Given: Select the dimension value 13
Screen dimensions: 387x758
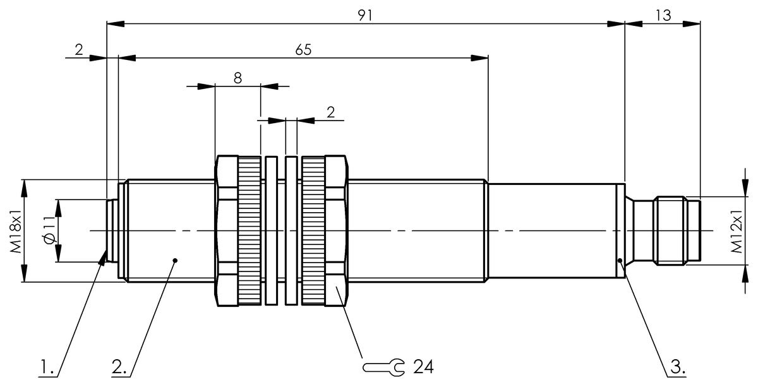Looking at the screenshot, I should coord(663,15).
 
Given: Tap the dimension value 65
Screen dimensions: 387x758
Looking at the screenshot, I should coord(303,49).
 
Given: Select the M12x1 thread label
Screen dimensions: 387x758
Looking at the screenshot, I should coord(737,231).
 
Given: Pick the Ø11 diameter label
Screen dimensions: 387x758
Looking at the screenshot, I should coord(51,231).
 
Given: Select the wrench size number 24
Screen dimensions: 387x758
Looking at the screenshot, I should coord(423,366).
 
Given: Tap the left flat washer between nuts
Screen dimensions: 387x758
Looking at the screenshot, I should coord(271,231).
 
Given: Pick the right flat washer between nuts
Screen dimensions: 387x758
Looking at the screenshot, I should coord(291,231).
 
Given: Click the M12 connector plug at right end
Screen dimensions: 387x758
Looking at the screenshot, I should coord(670,231).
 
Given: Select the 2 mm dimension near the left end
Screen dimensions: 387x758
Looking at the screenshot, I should coord(79,49).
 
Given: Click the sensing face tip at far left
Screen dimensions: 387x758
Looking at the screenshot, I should coord(110,231).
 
